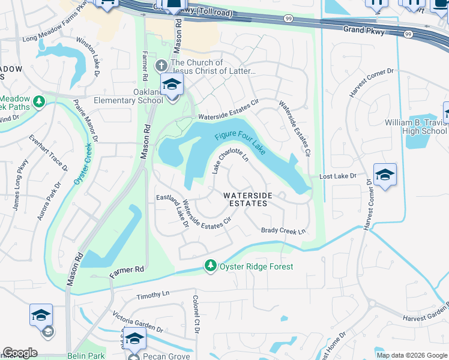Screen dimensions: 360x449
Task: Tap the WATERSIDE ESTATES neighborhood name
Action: (246, 199)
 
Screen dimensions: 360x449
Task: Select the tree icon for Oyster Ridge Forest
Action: (210, 265)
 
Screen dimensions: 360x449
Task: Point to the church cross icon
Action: (161, 65)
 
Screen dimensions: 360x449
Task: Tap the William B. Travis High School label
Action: (416, 127)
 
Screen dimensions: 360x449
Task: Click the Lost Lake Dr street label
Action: (338, 177)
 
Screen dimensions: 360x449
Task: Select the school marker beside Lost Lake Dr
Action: (385, 175)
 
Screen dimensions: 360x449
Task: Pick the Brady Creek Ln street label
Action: (284, 231)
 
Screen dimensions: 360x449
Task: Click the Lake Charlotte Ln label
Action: (231, 161)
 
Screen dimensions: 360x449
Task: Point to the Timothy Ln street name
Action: (153, 295)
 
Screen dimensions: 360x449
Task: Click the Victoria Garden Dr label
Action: (138, 322)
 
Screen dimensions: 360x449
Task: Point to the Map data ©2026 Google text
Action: (411, 355)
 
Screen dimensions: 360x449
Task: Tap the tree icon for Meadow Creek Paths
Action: (40, 101)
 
